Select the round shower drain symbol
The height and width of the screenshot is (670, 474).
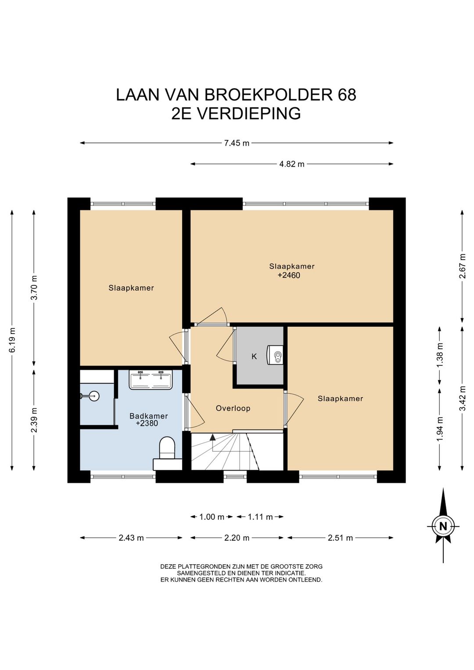[94, 396]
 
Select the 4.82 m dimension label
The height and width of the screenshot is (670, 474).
[291, 164]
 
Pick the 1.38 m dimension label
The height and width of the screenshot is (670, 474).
[439, 356]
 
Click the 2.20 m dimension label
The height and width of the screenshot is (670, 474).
[237, 538]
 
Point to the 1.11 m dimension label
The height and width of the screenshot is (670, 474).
[260, 517]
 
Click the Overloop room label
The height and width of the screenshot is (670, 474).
[233, 408]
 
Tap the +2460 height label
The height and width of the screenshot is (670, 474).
[289, 275]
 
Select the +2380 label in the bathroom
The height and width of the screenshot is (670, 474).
[147, 423]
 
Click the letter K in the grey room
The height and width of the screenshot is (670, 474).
[254, 357]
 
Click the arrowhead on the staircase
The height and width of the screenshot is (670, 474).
[212, 438]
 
